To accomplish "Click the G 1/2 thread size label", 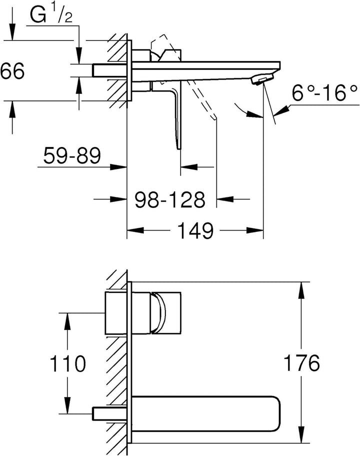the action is pyautogui.click(x=51, y=15).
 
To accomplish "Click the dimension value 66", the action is pyautogui.click(x=12, y=71).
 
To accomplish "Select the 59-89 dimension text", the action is pyautogui.click(x=72, y=155).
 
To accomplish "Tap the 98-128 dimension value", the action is pyautogui.click(x=170, y=199).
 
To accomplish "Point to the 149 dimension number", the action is pyautogui.click(x=195, y=230).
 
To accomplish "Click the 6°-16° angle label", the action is pyautogui.click(x=324, y=93).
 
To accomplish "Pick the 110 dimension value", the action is pyautogui.click(x=68, y=363).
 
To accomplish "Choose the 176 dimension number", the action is pyautogui.click(x=301, y=362).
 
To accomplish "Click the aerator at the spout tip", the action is pyautogui.click(x=261, y=79).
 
